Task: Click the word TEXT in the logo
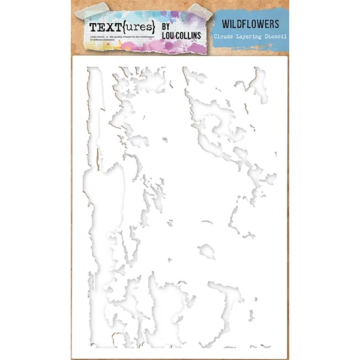(103, 28)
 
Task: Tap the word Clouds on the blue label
(226, 37)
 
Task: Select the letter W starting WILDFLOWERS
(217, 25)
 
